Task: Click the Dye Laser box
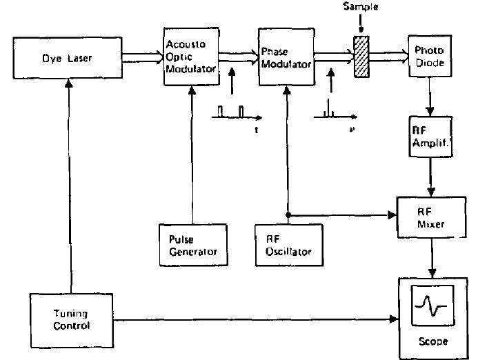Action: coord(66,59)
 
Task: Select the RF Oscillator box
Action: coord(284,245)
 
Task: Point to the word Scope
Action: coord(432,341)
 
